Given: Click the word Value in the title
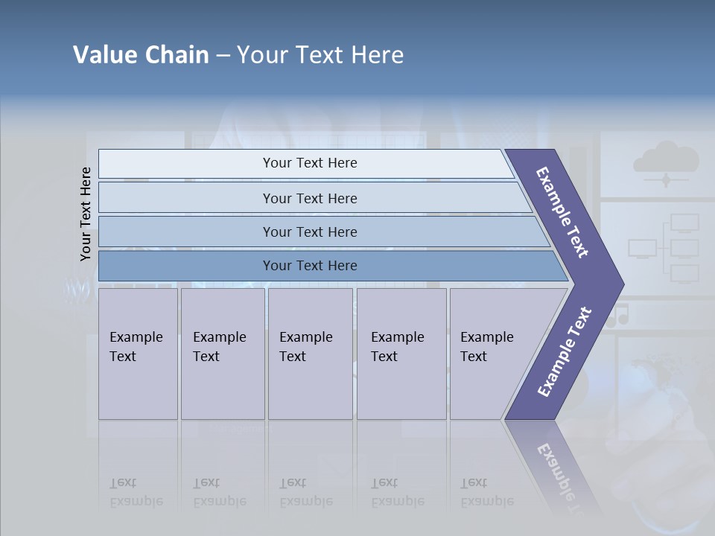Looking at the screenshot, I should coord(104,55).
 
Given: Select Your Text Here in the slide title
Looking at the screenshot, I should coord(320,55).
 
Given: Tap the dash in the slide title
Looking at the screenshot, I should coord(223,56).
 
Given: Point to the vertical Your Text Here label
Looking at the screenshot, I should coord(86,214).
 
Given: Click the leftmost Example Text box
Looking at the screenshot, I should coord(138,354).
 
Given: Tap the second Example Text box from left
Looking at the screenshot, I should coord(223,354).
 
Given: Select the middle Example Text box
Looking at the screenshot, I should coord(310,354).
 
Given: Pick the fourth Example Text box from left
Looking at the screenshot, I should coord(401,354).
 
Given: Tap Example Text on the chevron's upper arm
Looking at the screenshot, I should coord(562,213).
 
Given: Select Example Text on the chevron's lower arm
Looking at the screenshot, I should coord(564,352).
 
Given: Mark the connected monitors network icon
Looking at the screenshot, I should coord(665,248).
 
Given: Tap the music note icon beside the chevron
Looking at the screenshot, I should coord(617,316).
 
